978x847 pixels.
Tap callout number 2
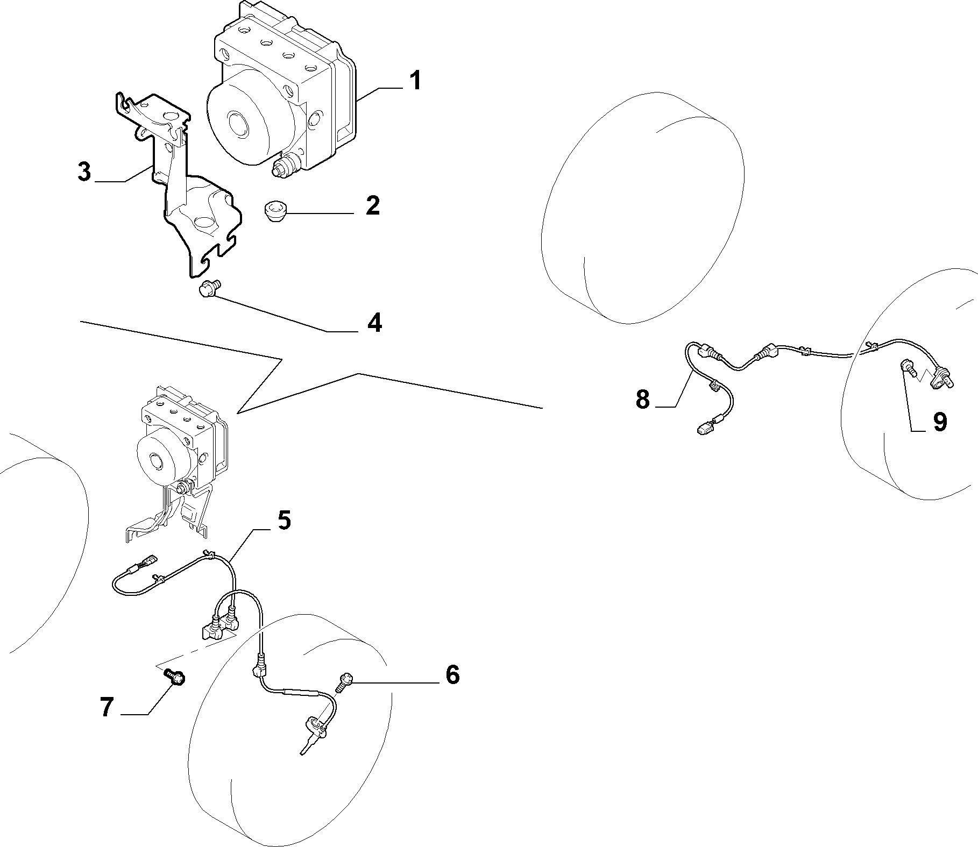pyautogui.click(x=372, y=206)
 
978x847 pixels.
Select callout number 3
pyautogui.click(x=84, y=172)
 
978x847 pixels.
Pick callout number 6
pyautogui.click(x=452, y=674)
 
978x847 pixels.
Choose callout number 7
pyautogui.click(x=107, y=708)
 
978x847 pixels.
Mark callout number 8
pyautogui.click(x=642, y=400)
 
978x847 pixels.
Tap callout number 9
pyautogui.click(x=939, y=422)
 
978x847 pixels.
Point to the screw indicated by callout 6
pyautogui.click(x=342, y=682)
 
